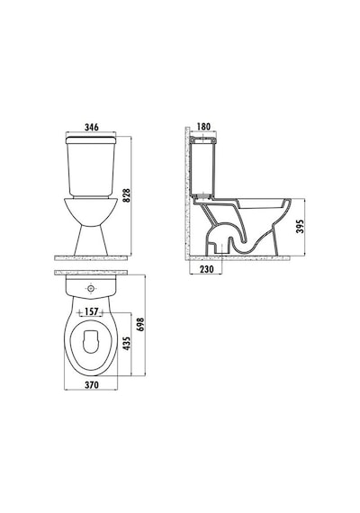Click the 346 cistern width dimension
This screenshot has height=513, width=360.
tap(91, 127)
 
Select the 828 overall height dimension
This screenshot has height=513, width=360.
tap(126, 195)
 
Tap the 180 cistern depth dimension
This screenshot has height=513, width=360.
tap(204, 126)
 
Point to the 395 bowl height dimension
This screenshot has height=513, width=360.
tap(300, 226)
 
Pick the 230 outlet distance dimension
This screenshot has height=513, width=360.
tap(206, 269)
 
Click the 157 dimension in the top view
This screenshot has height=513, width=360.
tap(91, 311)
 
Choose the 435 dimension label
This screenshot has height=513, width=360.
tap(126, 343)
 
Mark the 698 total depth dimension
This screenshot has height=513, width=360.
tap(140, 324)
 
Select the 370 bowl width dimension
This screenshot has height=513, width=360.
tap(91, 385)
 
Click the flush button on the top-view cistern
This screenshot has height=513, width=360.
tap(91, 289)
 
